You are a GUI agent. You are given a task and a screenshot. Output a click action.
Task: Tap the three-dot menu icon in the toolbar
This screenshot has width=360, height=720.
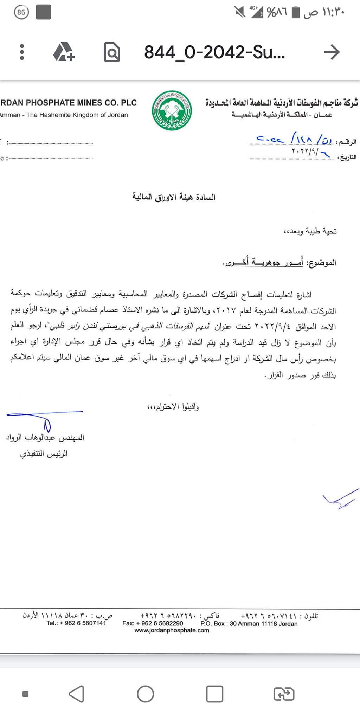click(22, 52)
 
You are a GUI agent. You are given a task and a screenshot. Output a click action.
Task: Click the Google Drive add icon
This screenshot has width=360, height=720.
click(64, 52)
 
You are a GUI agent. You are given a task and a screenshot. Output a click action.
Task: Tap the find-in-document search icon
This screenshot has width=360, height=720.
click(112, 52)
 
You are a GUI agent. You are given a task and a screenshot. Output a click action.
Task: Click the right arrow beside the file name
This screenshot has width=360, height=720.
click(332, 52)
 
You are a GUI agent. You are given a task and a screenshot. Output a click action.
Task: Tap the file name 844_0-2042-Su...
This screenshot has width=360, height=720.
click(214, 52)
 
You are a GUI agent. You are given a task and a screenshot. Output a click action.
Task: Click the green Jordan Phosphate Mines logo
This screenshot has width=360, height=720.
click(172, 111)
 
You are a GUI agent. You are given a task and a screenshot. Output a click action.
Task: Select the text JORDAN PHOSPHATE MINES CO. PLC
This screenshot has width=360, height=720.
click(69, 103)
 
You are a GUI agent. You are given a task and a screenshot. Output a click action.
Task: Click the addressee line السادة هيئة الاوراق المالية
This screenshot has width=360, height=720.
click(174, 197)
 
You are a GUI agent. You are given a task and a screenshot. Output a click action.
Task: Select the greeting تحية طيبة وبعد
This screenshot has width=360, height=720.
click(310, 231)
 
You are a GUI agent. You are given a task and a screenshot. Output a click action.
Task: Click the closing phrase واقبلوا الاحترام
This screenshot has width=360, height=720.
click(173, 407)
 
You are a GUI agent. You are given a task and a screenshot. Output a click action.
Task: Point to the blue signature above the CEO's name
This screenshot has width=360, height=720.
click(44, 418)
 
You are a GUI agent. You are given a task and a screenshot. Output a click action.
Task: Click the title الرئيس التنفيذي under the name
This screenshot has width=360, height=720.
click(44, 454)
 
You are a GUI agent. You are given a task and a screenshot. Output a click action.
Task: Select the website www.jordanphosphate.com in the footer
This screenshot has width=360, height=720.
click(172, 630)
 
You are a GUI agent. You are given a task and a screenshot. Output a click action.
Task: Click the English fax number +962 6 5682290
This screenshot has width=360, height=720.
click(153, 623)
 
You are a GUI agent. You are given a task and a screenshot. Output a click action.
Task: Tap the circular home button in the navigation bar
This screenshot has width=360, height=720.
click(145, 694)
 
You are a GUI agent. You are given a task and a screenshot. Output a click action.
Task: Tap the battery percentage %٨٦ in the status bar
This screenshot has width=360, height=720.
click(277, 13)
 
